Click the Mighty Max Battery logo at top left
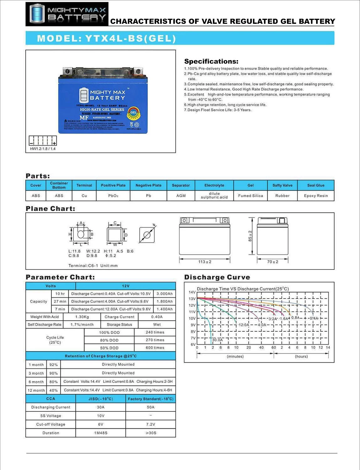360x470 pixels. click(67, 14)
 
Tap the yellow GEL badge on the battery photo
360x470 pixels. click(133, 112)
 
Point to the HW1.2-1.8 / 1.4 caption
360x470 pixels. click(43, 149)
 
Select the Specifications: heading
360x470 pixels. click(211, 61)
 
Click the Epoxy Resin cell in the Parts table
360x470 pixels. click(315, 196)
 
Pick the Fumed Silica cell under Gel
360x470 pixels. click(250, 196)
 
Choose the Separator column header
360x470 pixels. click(181, 185)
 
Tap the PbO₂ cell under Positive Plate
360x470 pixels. click(113, 196)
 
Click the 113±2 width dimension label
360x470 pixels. click(204, 262)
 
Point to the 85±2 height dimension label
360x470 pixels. click(250, 236)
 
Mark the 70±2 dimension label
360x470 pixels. click(273, 262)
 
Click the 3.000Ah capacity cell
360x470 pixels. click(165, 294)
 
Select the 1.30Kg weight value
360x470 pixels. click(82, 317)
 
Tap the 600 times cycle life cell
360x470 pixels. click(155, 348)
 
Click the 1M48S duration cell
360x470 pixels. click(101, 433)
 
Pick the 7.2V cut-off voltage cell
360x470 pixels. click(151, 425)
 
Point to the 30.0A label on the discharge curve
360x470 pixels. click(217, 340)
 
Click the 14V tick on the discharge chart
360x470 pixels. click(192, 292)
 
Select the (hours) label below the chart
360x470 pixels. click(301, 357)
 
